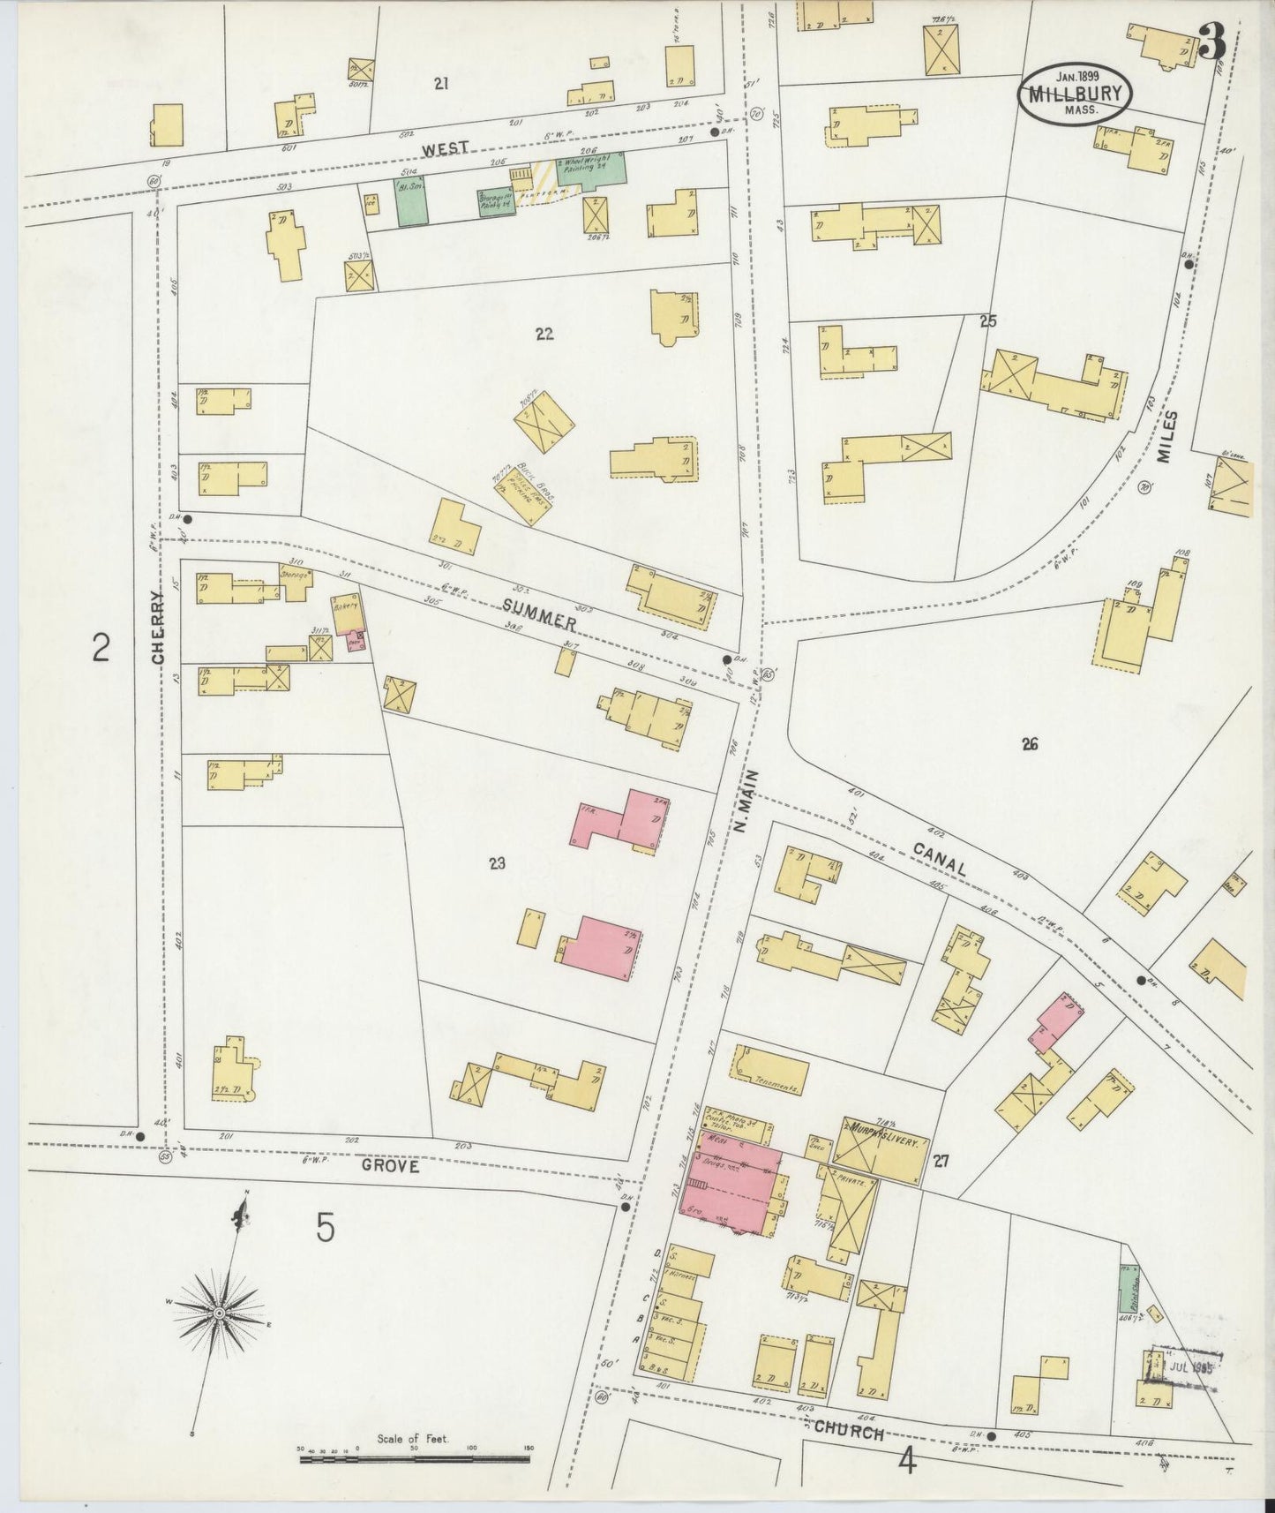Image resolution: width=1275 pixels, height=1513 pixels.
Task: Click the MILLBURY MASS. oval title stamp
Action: pos(1075,94)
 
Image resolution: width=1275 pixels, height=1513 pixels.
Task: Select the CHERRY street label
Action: pos(159,627)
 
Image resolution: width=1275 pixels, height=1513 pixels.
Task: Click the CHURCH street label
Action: pos(848,1431)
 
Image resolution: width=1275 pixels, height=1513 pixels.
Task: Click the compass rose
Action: pos(219,1314)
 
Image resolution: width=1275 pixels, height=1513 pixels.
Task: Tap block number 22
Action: pos(544,334)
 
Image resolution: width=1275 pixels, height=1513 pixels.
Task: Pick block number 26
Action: pos(1029,744)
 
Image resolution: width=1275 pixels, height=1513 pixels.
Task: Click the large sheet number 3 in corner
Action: pos(1213,41)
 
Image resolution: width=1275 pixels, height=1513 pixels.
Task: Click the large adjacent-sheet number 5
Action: pos(326,1228)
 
